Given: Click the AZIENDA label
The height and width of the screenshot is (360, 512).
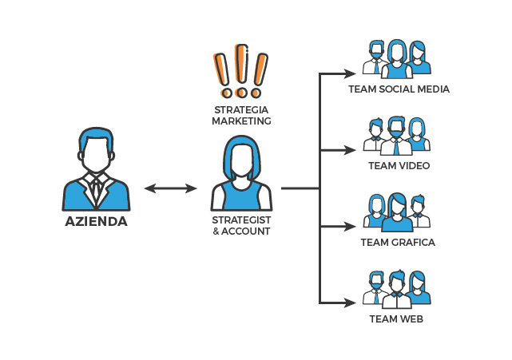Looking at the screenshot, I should [x=96, y=221].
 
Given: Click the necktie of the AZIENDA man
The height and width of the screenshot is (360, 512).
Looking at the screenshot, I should [x=96, y=190].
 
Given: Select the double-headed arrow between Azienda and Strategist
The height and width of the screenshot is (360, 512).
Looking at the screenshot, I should [x=170, y=188].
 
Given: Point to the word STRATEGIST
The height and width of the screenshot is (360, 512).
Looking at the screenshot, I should [x=241, y=219].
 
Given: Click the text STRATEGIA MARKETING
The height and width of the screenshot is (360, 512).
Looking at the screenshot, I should [x=241, y=115].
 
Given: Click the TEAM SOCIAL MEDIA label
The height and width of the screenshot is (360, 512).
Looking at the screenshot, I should [x=399, y=89].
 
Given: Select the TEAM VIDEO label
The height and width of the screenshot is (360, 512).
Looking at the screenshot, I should [x=399, y=166].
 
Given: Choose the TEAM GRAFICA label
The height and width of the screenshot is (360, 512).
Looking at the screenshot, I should [x=398, y=243].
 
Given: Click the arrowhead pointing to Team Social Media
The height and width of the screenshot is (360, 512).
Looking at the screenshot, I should [x=351, y=74].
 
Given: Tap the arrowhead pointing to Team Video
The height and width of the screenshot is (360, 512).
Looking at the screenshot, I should [x=351, y=150].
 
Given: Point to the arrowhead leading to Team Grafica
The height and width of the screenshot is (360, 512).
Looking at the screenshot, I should [x=351, y=227].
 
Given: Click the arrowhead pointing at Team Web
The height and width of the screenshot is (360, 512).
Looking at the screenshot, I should [x=351, y=303].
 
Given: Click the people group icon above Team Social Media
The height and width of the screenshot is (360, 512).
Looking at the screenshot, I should [x=397, y=57].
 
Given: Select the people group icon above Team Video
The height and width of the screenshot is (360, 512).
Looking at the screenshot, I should [x=397, y=135].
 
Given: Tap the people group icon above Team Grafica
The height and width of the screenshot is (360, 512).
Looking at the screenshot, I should [x=397, y=212].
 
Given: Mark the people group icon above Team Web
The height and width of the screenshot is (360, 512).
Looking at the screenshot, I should [x=397, y=288].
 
